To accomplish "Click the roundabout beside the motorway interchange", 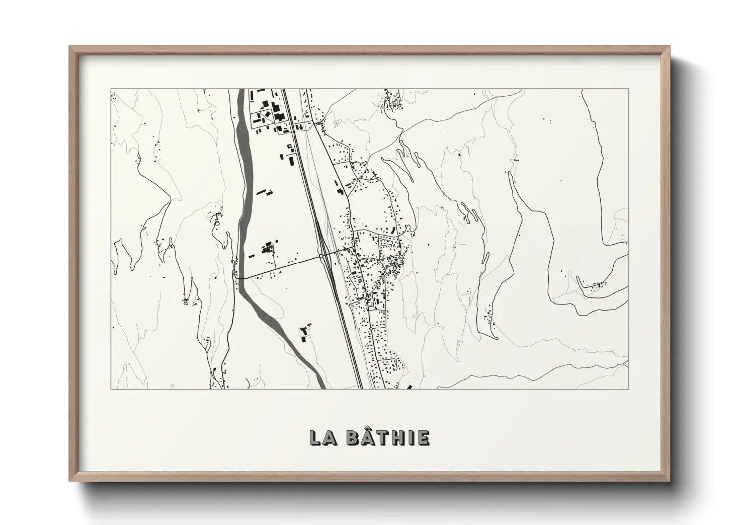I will click(322, 256).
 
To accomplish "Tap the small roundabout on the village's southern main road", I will click(371, 328).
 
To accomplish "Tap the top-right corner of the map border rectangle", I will click(629, 89).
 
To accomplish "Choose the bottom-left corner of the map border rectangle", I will click(111, 389).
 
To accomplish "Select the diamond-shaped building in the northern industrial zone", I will click(266, 104).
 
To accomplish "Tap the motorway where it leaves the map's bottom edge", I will click(360, 386).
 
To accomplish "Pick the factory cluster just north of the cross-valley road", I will click(267, 247).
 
